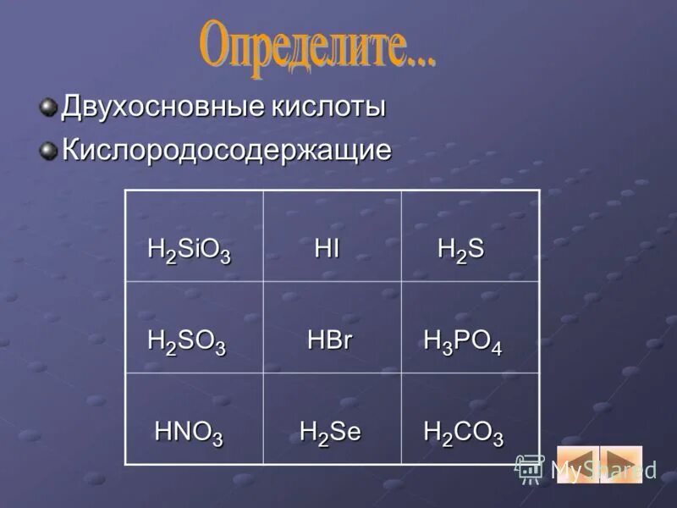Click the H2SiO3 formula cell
point(189,250)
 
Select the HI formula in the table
point(327,249)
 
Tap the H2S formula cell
point(460,250)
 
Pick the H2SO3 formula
point(186,341)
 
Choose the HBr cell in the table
point(329,340)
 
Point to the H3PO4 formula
point(462,341)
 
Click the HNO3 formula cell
point(188,433)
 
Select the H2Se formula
point(330,432)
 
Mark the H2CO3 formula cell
point(463,433)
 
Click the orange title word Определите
point(317,47)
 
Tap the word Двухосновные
point(162,108)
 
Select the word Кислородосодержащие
point(227,151)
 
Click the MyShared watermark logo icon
point(530,468)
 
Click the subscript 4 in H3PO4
point(496,349)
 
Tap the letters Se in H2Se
point(346,432)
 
